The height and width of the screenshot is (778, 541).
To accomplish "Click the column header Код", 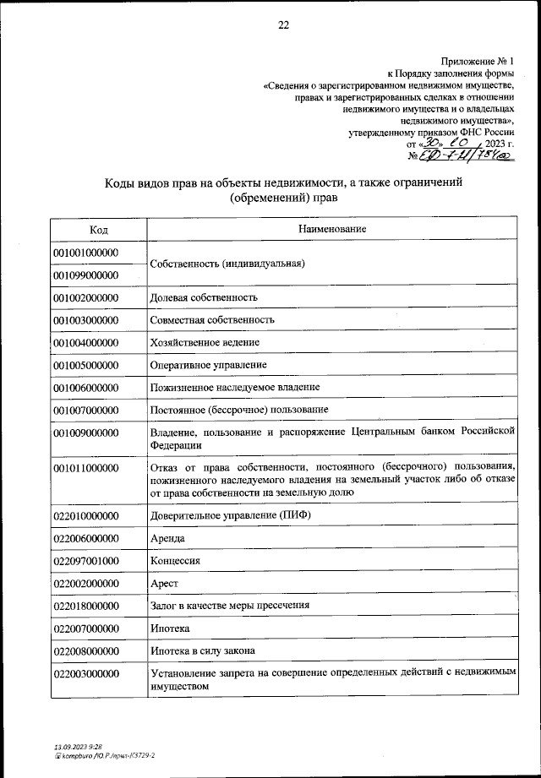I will click(98, 230).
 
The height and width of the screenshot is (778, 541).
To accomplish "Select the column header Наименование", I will click(332, 230).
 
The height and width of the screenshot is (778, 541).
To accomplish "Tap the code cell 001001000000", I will click(86, 253).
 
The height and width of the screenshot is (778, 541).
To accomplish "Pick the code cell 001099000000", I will click(86, 275).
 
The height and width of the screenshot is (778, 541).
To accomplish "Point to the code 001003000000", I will click(86, 320).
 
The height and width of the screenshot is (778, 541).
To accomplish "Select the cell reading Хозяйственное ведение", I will click(205, 342).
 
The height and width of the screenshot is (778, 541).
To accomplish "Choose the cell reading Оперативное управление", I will click(209, 365).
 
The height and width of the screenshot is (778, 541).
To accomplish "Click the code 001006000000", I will click(86, 387).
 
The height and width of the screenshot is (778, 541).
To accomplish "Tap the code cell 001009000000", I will click(86, 433).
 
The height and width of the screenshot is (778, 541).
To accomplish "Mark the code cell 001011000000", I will click(86, 467).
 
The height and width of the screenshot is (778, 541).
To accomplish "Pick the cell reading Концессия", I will click(175, 561).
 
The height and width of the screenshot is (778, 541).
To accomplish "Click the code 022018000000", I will click(86, 606).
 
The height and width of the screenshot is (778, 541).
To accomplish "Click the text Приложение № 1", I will click(477, 62).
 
